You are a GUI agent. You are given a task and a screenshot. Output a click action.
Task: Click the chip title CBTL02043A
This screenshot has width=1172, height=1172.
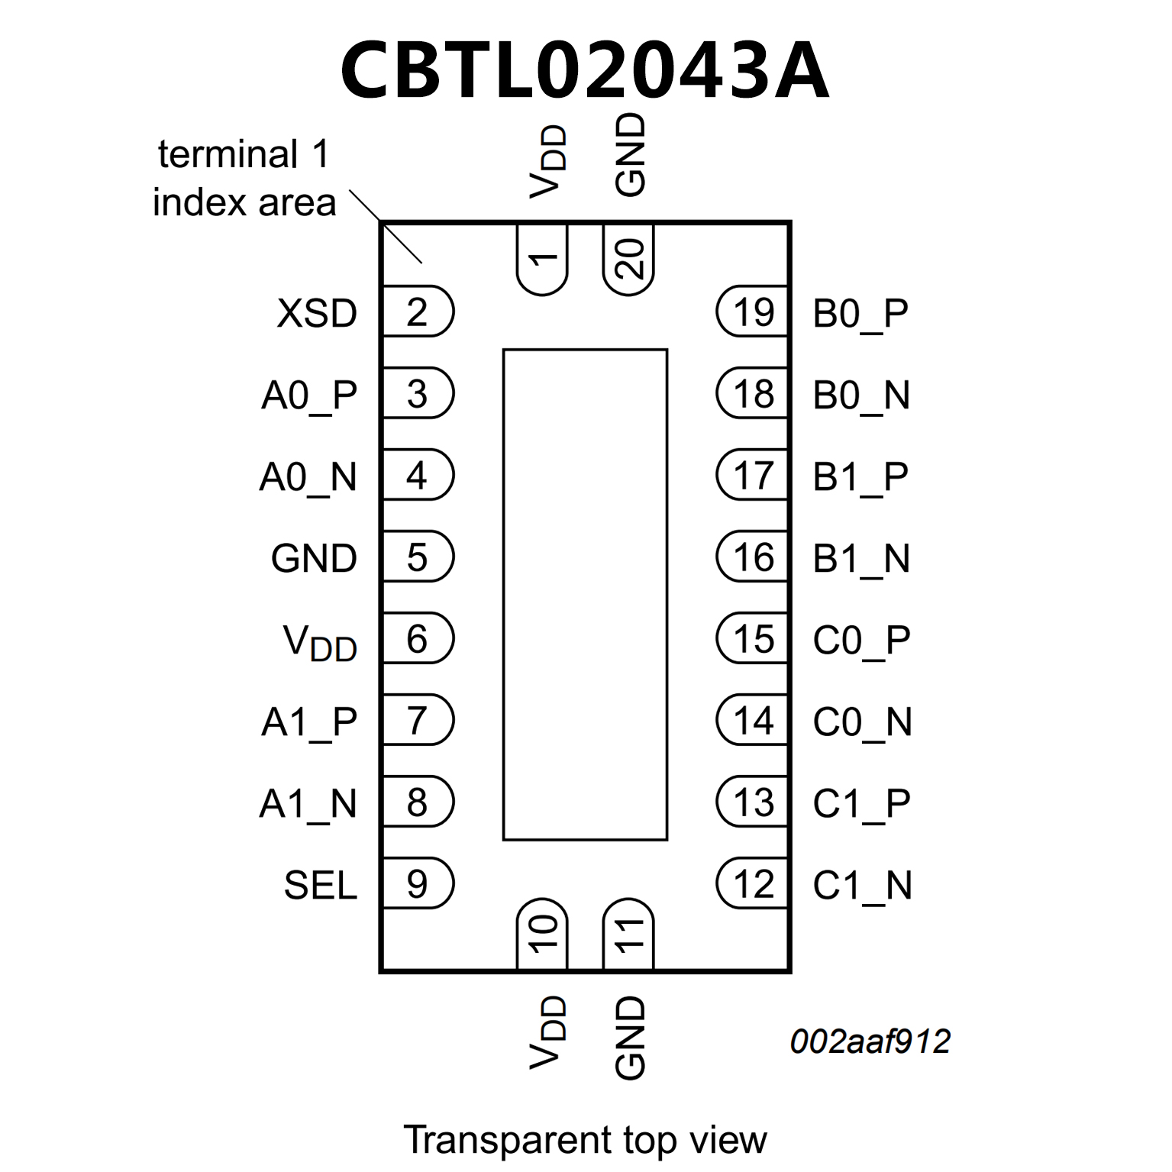584,71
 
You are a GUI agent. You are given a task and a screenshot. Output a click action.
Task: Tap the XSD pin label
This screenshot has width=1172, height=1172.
317,313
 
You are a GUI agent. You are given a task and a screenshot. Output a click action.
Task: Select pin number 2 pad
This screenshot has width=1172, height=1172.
417,312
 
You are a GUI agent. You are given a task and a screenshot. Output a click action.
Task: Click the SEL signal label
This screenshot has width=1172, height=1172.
320,885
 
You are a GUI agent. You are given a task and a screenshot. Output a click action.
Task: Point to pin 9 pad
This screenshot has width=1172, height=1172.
417,883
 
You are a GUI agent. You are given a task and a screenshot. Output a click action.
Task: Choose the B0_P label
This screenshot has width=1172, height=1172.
860,313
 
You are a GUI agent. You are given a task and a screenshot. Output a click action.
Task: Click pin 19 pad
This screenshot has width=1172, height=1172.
753,312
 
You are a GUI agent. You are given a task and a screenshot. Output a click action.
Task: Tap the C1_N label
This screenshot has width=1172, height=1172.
862,885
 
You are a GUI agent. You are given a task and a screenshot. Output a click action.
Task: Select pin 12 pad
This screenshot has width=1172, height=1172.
753,883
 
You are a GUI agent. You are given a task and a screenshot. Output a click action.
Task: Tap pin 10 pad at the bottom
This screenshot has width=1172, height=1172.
542,935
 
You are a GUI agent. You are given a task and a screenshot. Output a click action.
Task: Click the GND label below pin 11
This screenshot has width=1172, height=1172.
630,1038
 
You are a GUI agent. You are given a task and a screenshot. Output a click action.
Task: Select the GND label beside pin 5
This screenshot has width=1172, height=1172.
314,558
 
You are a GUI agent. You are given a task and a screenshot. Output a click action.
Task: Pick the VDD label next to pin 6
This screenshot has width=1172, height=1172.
320,642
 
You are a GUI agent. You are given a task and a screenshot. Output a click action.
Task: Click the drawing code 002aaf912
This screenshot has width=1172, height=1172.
870,1041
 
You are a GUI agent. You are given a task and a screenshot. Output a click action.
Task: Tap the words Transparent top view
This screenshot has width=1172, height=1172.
584,1139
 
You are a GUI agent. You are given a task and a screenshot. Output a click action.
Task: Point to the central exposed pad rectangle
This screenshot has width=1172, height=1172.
585,594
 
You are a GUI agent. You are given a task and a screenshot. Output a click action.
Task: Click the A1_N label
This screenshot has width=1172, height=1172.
308,803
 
